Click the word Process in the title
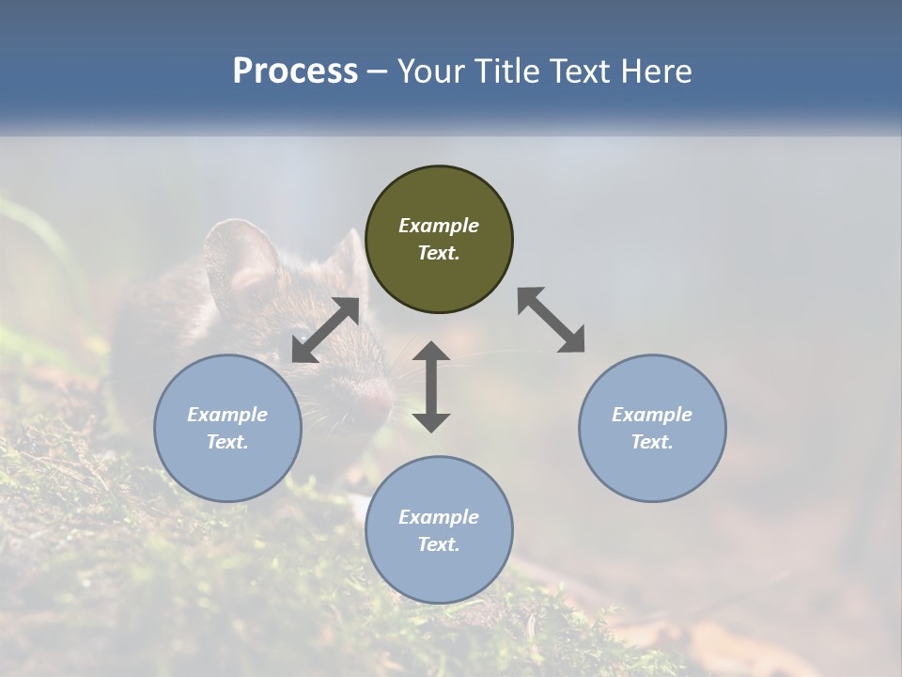coord(295,71)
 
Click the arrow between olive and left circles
coord(325,330)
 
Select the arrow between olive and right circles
coord(552,320)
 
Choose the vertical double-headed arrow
coord(431,386)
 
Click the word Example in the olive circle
coord(439,226)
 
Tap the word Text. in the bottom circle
coord(439,544)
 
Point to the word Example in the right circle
coord(652,415)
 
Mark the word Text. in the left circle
coord(227,442)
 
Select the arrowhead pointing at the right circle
coord(572,340)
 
